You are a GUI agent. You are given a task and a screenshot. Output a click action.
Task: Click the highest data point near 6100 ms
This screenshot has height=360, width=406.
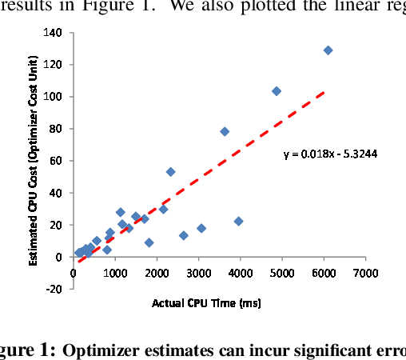click(x=328, y=50)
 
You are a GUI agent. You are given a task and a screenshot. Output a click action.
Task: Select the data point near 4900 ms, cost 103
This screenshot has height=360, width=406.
click(x=277, y=91)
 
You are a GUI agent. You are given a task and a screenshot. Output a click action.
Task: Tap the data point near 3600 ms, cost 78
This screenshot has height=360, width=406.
click(x=225, y=131)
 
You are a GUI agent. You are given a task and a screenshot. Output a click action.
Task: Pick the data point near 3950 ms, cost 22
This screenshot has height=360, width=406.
click(x=238, y=221)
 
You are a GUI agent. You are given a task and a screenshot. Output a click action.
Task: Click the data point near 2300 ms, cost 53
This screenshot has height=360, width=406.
click(x=170, y=172)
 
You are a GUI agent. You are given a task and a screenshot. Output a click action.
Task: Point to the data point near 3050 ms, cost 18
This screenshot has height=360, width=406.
click(x=201, y=228)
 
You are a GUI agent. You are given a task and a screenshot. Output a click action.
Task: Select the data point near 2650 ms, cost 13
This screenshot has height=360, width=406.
click(x=184, y=235)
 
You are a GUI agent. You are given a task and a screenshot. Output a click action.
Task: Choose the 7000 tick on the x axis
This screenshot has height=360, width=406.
click(x=365, y=272)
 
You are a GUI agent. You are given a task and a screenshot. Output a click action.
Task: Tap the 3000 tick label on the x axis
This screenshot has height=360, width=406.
click(x=198, y=272)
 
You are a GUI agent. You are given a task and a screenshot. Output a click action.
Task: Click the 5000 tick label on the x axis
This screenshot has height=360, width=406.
click(x=282, y=272)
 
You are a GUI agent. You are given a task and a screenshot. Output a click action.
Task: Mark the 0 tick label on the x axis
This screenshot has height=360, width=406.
click(x=74, y=272)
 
